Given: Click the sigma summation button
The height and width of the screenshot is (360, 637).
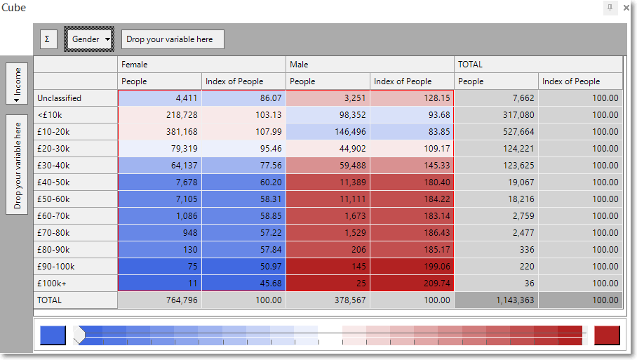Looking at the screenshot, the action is coord(48,39).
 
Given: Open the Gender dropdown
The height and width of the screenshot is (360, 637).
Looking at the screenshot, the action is coord(89,39).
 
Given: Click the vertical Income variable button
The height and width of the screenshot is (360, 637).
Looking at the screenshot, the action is coord(17,84).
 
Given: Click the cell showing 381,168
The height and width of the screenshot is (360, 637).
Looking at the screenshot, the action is coord(160,132).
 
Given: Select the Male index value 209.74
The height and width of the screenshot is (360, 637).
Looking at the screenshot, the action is coord(412,284).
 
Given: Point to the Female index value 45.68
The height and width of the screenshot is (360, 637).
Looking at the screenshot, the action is coord(243,284).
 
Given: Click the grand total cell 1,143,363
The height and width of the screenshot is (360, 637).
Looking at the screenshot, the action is coord(497,300).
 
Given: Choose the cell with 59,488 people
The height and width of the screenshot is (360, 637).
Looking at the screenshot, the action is coord(328,166).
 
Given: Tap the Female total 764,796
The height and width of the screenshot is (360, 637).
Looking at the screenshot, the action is coord(160,300).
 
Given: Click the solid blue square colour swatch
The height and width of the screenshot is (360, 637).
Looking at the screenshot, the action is coord(53,335).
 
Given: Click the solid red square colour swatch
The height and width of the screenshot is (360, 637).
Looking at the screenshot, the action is coord(607,335).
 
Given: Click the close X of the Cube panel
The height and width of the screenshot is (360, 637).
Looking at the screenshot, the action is coord(626,8).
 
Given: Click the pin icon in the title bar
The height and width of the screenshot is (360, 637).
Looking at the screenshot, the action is coord(610,7).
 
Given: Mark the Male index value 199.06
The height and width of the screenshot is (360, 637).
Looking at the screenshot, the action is coord(412,267).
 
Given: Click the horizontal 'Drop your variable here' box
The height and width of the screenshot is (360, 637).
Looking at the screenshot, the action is coord(173,39).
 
